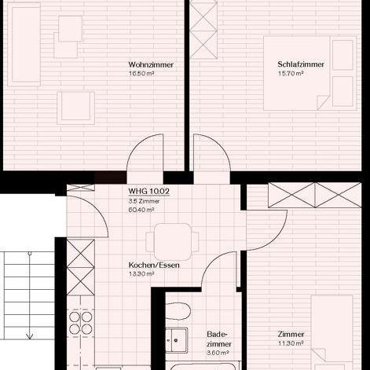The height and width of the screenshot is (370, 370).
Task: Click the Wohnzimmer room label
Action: click(151, 64)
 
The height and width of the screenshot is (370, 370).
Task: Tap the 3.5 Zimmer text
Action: click(141, 200)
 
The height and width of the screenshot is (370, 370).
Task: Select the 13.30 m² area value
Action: click(141, 275)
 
